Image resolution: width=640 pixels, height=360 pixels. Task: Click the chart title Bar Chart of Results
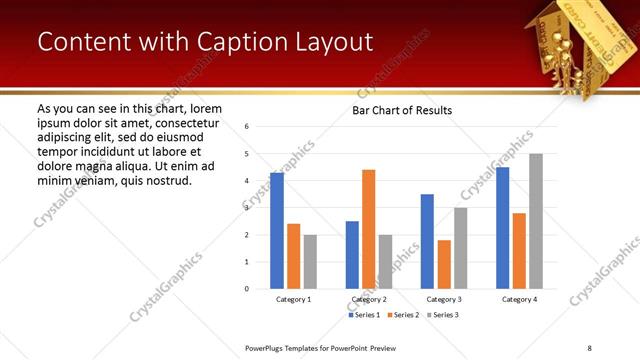402,110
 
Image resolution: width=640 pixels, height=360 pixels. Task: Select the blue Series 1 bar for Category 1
277,230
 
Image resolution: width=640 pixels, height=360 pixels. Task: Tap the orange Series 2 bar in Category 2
368,229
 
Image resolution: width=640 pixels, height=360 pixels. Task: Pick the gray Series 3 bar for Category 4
536,221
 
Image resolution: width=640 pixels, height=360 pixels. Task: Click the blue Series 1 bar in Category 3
427,241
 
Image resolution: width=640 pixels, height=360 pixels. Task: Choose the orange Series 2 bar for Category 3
444,264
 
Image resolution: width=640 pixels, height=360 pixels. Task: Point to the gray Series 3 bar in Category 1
310,261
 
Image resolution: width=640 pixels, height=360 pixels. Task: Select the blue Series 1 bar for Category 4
502,227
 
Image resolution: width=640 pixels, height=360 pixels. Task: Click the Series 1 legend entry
364,315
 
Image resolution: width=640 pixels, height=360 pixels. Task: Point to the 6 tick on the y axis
246,127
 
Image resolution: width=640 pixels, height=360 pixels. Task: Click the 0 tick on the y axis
246,289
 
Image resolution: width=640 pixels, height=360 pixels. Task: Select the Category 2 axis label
369,299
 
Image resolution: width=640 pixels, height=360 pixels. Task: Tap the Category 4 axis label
519,299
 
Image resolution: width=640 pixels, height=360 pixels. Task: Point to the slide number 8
589,346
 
